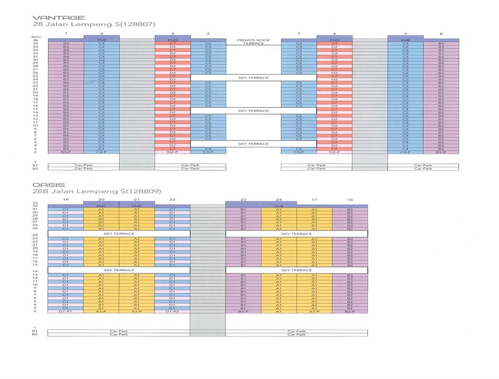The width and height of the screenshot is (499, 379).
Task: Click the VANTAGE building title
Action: (51, 17)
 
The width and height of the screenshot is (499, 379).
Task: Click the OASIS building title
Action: (49, 185)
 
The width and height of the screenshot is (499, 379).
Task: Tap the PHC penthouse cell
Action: (101, 206)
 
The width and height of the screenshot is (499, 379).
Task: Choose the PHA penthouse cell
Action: (137, 206)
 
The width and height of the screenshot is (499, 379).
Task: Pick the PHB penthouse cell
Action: (279, 206)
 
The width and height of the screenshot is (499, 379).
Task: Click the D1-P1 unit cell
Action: (66, 312)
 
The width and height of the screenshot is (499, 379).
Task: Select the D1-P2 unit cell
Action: (172, 312)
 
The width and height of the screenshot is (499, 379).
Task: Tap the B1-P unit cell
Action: (243, 312)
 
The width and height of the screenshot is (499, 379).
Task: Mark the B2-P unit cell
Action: (350, 312)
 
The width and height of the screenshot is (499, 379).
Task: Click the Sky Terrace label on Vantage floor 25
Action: (253, 78)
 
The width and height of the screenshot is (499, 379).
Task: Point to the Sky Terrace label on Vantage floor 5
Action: (253, 144)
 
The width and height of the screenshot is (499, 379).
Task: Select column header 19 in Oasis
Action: (66, 200)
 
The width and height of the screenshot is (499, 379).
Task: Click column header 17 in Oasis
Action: (314, 200)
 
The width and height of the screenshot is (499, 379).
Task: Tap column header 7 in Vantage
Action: (299, 34)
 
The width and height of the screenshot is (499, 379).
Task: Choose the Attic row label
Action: (35, 37)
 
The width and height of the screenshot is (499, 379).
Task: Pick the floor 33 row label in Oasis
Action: (35, 203)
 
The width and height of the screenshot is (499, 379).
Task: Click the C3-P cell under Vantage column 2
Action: (208, 152)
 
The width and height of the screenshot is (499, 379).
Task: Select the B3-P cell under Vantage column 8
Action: (441, 152)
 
